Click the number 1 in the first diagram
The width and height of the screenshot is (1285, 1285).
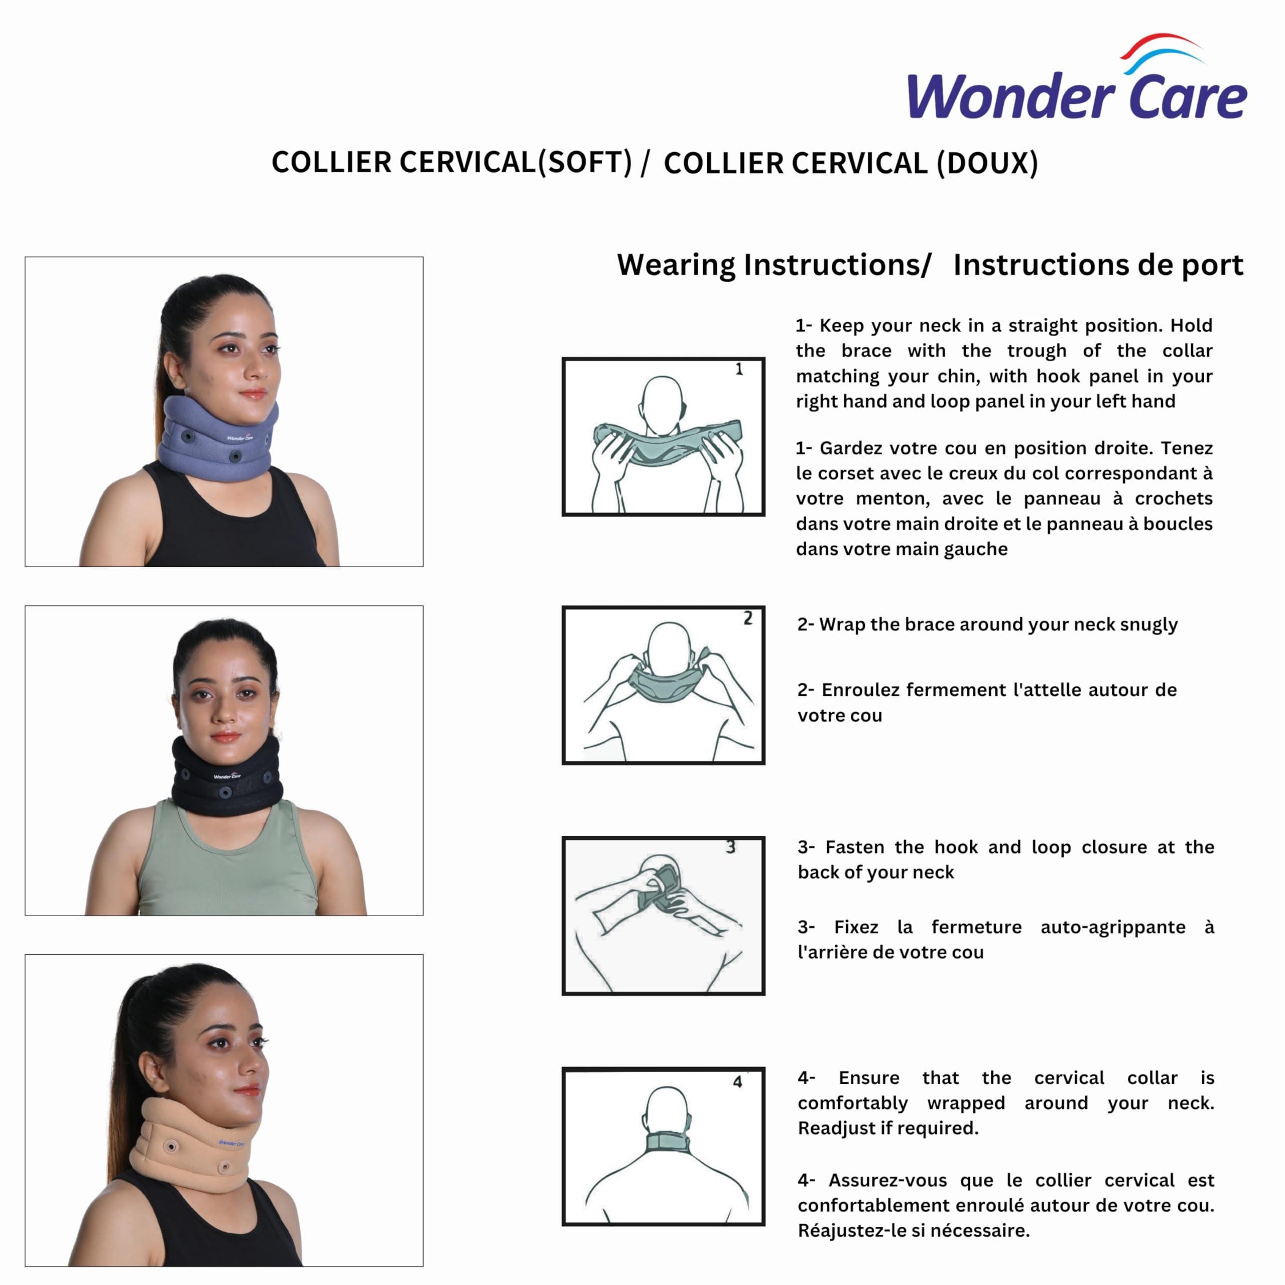click(x=739, y=369)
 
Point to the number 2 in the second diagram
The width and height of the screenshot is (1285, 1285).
click(x=747, y=618)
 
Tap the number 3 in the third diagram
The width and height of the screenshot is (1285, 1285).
click(x=730, y=847)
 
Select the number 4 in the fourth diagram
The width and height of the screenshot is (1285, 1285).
click(x=737, y=1082)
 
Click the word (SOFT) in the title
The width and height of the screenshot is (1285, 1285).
click(x=585, y=162)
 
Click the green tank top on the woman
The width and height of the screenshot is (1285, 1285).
click(x=226, y=865)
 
